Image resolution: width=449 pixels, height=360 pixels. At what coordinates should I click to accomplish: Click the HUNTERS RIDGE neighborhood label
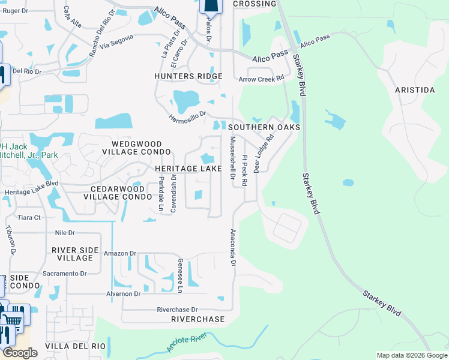click(x=188, y=76)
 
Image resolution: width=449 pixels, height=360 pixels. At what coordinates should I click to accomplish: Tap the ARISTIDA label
click(x=414, y=90)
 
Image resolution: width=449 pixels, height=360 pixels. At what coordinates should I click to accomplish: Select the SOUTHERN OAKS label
click(x=264, y=127)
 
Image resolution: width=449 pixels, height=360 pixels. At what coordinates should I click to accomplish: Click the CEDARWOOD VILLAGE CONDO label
click(x=117, y=192)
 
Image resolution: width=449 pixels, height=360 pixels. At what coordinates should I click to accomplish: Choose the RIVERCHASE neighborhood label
click(x=197, y=319)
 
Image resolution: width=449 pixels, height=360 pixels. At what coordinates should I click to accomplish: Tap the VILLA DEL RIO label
click(x=76, y=346)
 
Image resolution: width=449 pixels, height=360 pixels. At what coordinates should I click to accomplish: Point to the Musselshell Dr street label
click(x=232, y=158)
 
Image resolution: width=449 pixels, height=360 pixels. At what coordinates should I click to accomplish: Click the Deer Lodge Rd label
click(x=263, y=153)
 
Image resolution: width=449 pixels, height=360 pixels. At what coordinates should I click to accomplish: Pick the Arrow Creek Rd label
click(x=261, y=79)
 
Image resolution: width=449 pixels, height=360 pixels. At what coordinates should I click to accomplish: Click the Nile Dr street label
click(x=64, y=232)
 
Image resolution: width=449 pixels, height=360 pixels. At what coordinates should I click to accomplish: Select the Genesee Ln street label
click(x=180, y=275)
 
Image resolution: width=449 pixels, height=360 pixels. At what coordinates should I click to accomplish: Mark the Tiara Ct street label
click(x=28, y=217)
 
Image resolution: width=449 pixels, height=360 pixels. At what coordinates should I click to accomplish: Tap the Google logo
click(x=20, y=353)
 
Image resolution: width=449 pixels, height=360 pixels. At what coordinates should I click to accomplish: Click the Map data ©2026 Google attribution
click(x=411, y=355)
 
